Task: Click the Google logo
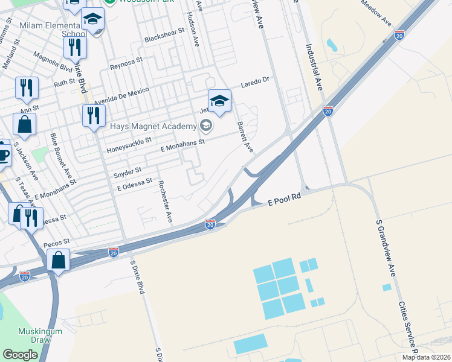(x=20, y=355)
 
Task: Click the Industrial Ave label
(x=314, y=66)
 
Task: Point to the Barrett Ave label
(x=245, y=136)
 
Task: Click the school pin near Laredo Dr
(x=219, y=101)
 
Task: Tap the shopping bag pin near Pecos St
(x=59, y=261)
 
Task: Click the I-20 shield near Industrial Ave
(x=328, y=111)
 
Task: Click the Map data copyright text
(x=422, y=357)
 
